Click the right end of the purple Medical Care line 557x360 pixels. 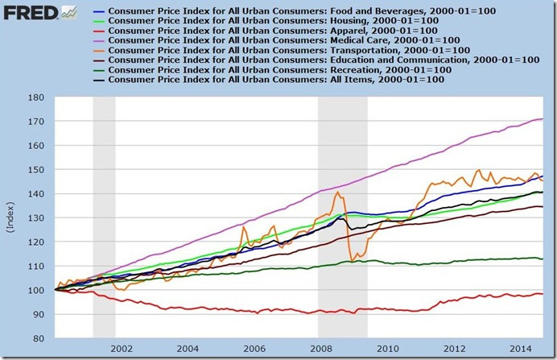(543, 119)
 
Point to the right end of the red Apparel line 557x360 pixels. (543, 294)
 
